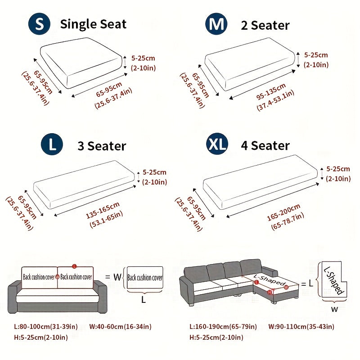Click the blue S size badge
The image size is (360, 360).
pyautogui.click(x=39, y=24)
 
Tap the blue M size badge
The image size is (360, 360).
pyautogui.click(x=216, y=24)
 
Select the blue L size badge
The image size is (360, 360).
pyautogui.click(x=52, y=144)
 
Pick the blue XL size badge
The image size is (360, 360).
pyautogui.click(x=217, y=144)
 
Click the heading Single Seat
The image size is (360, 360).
pyautogui.click(x=93, y=24)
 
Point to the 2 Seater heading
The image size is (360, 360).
pyautogui.click(x=265, y=25)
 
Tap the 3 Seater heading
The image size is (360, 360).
pyautogui.click(x=102, y=146)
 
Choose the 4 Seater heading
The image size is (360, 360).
pyautogui.click(x=265, y=145)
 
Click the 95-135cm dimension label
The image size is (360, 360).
pyautogui.click(x=271, y=91)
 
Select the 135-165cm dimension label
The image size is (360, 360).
pyautogui.click(x=103, y=210)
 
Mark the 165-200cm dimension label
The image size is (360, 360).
pyautogui.click(x=283, y=212)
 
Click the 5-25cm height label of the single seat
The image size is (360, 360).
pyautogui.click(x=143, y=58)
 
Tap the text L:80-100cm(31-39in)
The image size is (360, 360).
pyautogui.click(x=46, y=327)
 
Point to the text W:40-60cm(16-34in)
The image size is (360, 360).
pyautogui.click(x=120, y=327)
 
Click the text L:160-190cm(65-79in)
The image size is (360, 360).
pyautogui.click(x=223, y=327)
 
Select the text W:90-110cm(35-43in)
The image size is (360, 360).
pyautogui.click(x=301, y=327)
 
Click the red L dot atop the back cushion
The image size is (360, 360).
pyautogui.click(x=74, y=266)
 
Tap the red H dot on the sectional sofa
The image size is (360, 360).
pyautogui.click(x=270, y=292)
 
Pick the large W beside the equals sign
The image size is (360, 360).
pyautogui.click(x=117, y=277)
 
